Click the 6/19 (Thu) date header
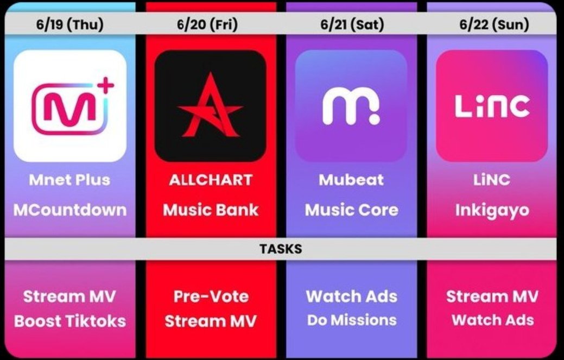[x=69, y=24]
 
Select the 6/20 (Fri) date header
[x=211, y=24]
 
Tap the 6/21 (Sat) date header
[x=352, y=24]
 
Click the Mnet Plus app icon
[x=69, y=106]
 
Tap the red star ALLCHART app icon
[x=211, y=106]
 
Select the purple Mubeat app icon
[x=351, y=106]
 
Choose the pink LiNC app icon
[x=492, y=106]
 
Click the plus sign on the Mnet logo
[x=107, y=85]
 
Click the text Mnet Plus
[x=69, y=180]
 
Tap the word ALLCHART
[x=211, y=180]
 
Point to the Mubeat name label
[x=351, y=180]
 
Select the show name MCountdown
[x=69, y=210]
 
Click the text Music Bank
[x=211, y=210]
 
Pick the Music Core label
[x=351, y=210]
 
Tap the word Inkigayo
[x=492, y=210]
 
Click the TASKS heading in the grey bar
[x=281, y=249]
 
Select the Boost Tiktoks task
[x=69, y=321]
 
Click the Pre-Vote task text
[x=211, y=296]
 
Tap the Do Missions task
[x=351, y=320]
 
